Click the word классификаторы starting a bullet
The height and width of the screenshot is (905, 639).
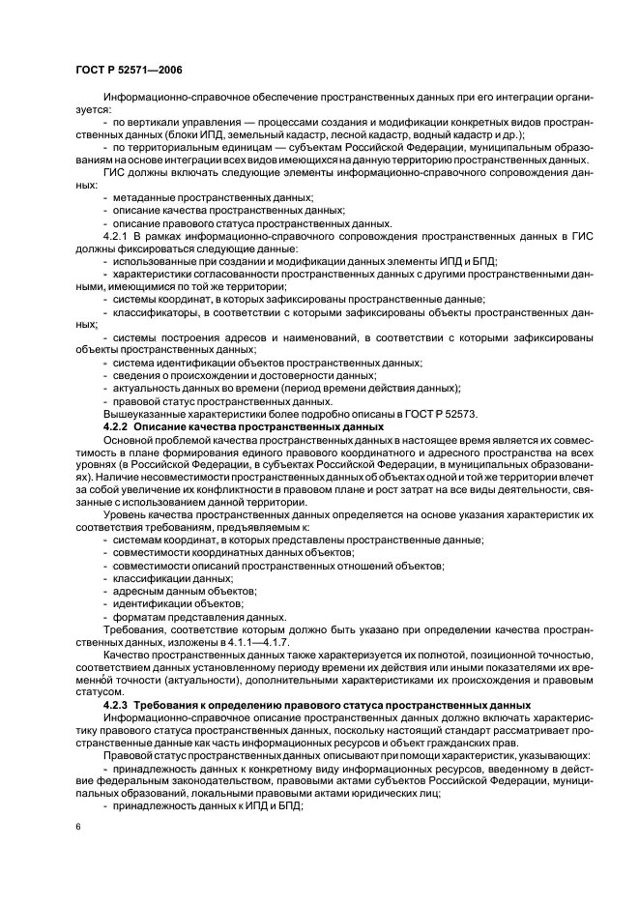coord(155,311)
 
